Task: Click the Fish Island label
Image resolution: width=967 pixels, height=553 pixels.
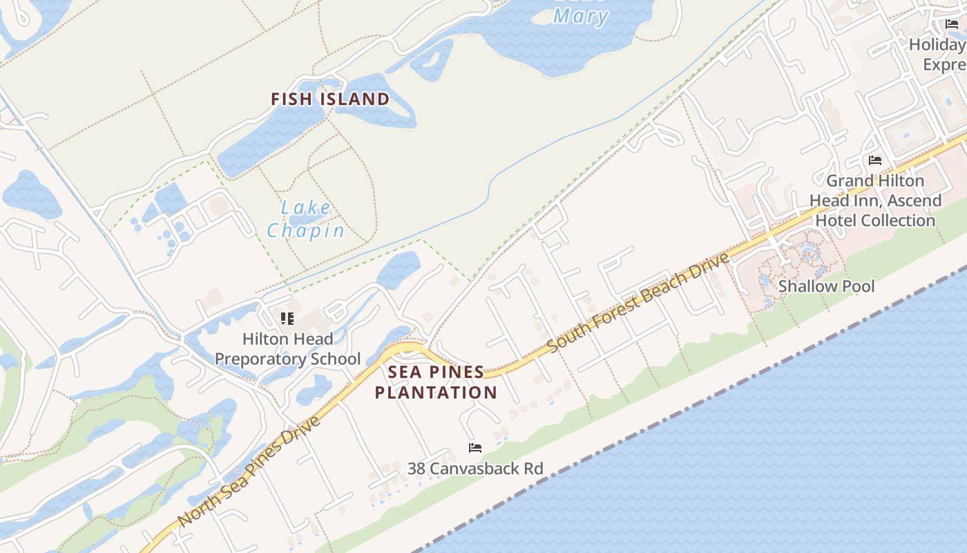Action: [330, 99]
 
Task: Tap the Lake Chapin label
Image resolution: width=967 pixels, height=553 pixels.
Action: [306, 219]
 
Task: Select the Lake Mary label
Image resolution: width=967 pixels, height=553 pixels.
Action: [580, 15]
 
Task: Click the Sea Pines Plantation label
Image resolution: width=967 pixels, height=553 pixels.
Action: [436, 382]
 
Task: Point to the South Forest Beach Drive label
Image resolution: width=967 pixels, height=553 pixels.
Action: [639, 302]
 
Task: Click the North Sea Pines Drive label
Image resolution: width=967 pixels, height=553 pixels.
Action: [249, 471]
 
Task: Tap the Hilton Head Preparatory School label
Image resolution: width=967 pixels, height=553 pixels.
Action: [287, 349]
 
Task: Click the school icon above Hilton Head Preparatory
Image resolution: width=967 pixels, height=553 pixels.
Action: [287, 319]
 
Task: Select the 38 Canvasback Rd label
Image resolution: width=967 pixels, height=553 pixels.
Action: [475, 469]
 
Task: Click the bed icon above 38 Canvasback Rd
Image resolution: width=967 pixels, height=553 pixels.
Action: [475, 448]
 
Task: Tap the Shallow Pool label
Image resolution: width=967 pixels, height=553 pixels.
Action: [826, 286]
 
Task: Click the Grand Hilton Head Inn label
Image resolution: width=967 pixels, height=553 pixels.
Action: [875, 200]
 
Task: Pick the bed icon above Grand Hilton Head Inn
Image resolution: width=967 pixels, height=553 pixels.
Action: [875, 160]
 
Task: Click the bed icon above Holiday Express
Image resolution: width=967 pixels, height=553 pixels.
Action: [952, 24]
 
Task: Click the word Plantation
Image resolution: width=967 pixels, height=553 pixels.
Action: [436, 393]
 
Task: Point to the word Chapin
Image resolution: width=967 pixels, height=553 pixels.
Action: [306, 230]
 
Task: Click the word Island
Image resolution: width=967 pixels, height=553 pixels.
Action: [355, 99]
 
